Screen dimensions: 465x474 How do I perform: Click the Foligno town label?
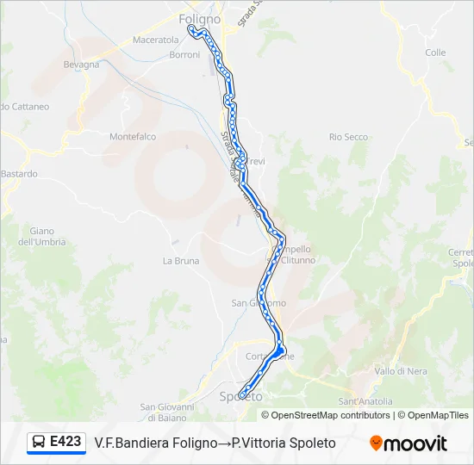(199, 18)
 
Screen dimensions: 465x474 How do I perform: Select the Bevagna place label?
(82, 64)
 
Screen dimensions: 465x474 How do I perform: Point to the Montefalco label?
(133, 136)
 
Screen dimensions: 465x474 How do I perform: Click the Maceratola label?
(155, 40)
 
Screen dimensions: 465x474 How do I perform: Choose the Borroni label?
(184, 55)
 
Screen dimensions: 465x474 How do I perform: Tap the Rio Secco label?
(348, 137)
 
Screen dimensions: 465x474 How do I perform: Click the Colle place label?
(435, 53)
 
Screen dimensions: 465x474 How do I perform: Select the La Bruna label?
(181, 260)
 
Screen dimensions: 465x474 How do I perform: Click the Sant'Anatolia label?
(365, 401)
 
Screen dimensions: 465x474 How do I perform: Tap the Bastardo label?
(19, 174)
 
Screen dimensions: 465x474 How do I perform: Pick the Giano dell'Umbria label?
(41, 236)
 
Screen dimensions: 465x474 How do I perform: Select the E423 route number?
(65, 442)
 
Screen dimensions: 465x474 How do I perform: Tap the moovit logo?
(409, 443)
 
